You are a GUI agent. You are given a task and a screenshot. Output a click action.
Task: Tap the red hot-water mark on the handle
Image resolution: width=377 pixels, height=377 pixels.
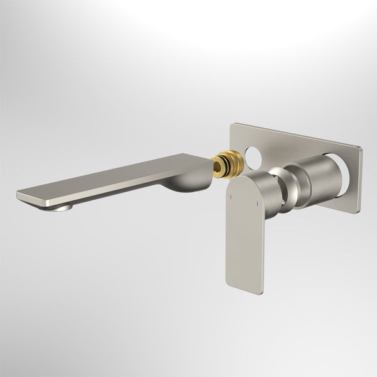[x=231, y=195]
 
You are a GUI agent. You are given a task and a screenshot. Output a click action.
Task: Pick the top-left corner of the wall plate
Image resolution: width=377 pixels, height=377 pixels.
[x=232, y=125]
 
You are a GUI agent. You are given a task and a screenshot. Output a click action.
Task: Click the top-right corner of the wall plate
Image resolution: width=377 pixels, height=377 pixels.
[x=361, y=148]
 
